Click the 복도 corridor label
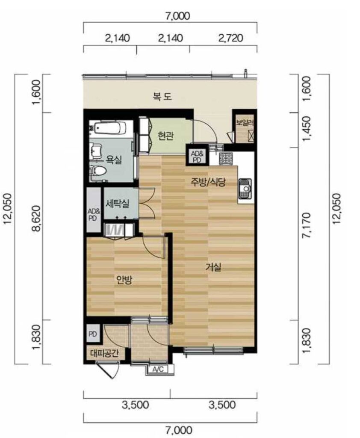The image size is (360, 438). click(x=162, y=97)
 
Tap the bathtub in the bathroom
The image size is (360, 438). click(x=111, y=129)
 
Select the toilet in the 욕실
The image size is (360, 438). click(x=98, y=170)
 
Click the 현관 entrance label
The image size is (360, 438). click(x=165, y=136)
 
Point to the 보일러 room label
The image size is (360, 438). click(x=245, y=122)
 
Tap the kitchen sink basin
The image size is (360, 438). click(x=245, y=188)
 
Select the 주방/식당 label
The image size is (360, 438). click(x=208, y=182)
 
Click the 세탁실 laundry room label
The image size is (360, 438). click(x=117, y=203)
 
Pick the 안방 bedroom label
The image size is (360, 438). click(x=124, y=279)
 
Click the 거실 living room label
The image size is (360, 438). click(x=213, y=267)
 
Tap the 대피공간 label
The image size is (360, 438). click(x=104, y=354)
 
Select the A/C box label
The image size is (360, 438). click(x=158, y=370)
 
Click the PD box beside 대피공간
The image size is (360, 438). click(x=92, y=334)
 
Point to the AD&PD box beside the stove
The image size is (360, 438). click(x=198, y=157)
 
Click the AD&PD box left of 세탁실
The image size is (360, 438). click(x=94, y=210)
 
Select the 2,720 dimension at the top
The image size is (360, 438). click(x=230, y=38)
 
